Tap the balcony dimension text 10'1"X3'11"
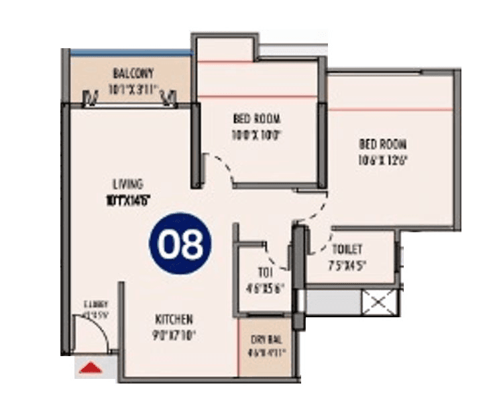(x=134, y=86)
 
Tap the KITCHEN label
(x=174, y=319)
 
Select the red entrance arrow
(x=91, y=367)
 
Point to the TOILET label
(x=347, y=249)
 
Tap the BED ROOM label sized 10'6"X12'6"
(x=382, y=144)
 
